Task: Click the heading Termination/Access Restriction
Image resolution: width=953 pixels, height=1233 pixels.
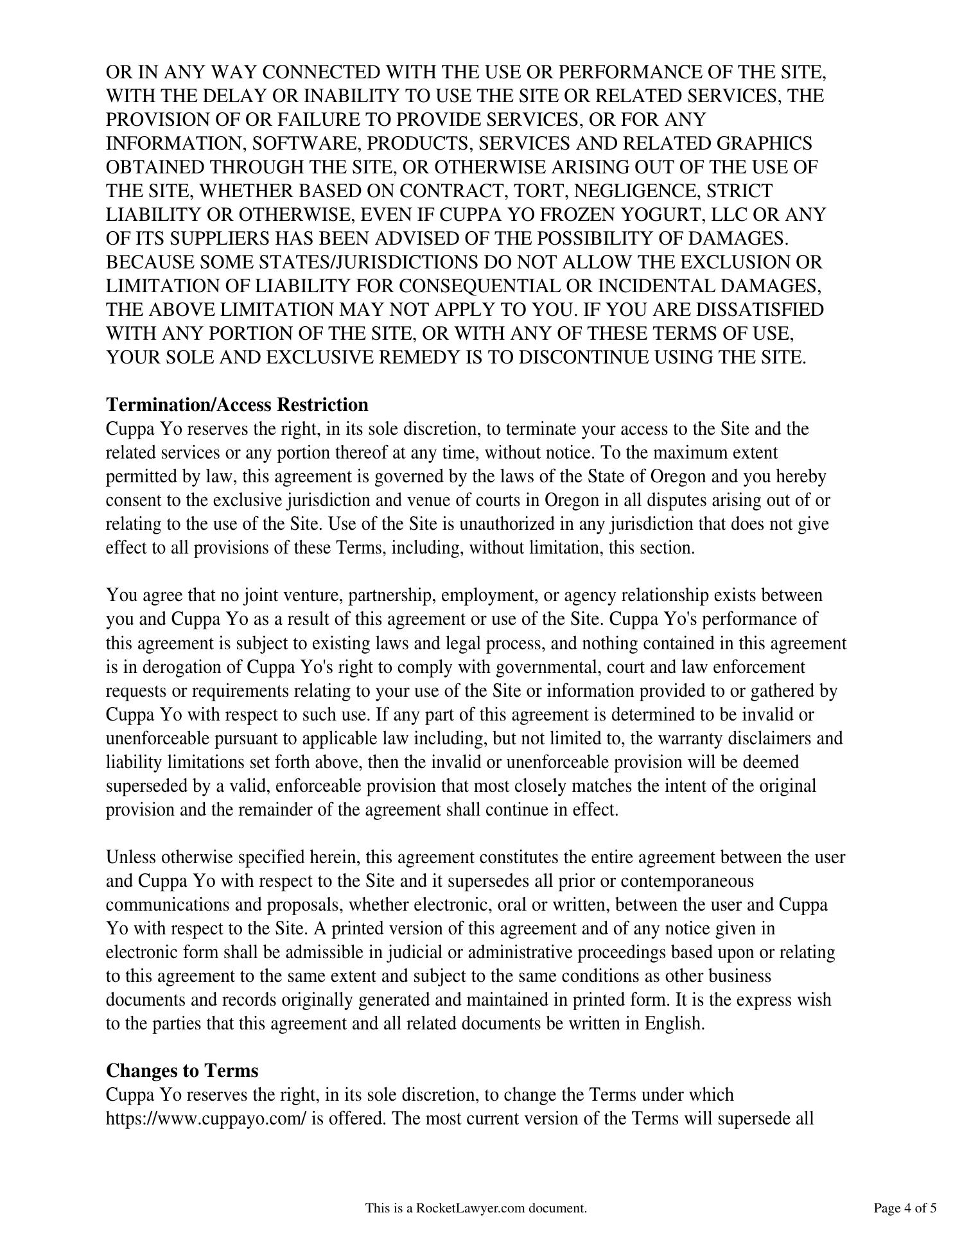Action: pyautogui.click(x=237, y=405)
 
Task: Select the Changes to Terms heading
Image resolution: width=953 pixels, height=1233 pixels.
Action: pyautogui.click(x=182, y=1071)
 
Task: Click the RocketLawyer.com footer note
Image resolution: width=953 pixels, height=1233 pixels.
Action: pyautogui.click(x=476, y=1208)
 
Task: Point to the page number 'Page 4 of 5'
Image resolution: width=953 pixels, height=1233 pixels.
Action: pyautogui.click(x=904, y=1208)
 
